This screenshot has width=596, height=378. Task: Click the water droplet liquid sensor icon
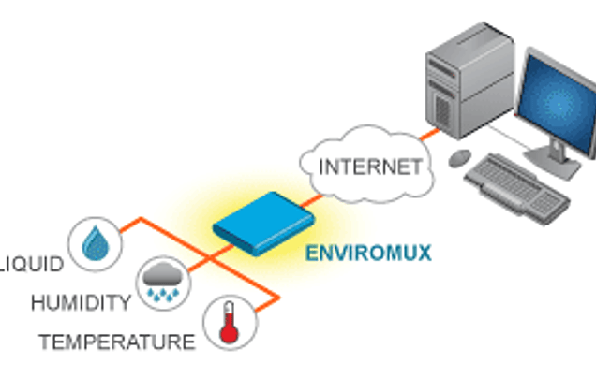point(96,244)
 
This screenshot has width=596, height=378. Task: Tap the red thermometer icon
point(227,325)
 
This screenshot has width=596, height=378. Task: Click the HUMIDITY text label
point(80,302)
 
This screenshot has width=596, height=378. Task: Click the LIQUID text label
point(31,263)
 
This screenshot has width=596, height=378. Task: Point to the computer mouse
point(460,155)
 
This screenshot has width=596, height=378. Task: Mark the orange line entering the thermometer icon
point(262,305)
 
